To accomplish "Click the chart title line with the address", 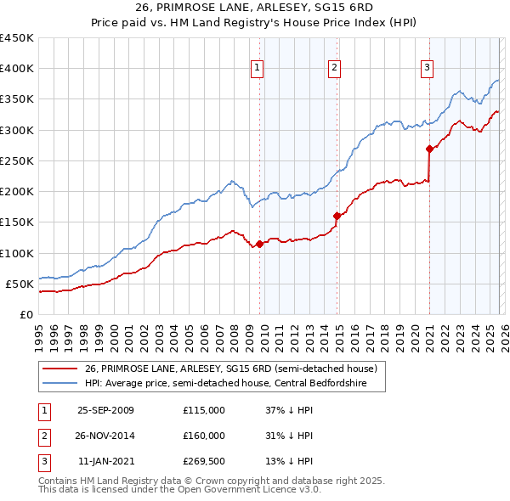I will click(254, 8).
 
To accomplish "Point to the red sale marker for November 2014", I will click(337, 216).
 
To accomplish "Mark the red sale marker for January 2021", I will click(429, 149).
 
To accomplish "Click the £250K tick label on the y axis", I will click(16, 160).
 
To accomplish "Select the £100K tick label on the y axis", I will click(16, 253).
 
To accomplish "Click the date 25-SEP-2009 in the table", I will click(105, 410).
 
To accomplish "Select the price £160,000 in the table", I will click(204, 436).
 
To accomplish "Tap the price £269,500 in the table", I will click(204, 461).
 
